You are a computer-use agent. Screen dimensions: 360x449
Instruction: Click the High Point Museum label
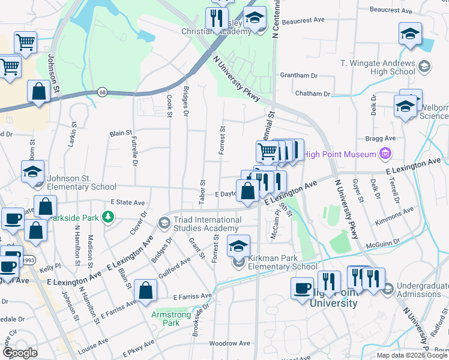click(x=339, y=154)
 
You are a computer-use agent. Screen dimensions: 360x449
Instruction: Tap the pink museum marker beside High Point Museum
click(x=385, y=154)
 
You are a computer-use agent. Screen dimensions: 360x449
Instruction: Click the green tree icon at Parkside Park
click(x=108, y=216)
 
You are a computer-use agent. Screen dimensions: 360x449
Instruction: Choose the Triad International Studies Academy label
click(x=207, y=224)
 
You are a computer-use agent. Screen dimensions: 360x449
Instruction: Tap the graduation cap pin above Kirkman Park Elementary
click(x=238, y=246)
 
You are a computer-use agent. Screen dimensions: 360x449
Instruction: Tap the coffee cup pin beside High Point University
click(x=302, y=288)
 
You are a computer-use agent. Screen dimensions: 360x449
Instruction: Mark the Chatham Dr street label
click(x=313, y=94)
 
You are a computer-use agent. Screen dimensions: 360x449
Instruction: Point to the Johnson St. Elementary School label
click(x=82, y=182)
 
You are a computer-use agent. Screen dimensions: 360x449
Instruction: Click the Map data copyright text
click(x=412, y=355)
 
